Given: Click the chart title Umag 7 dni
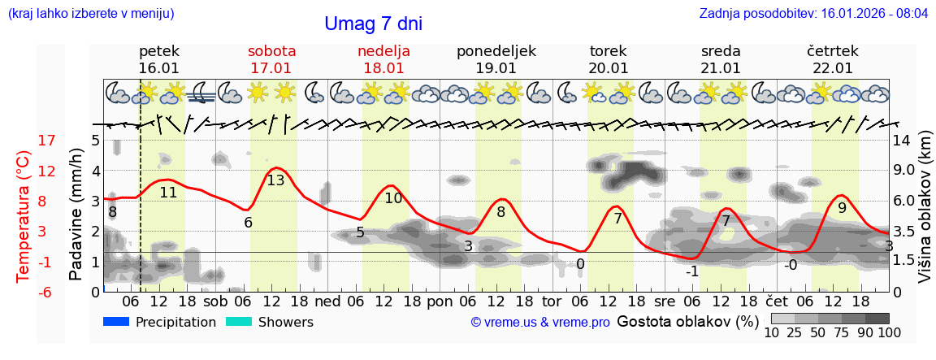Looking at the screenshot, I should pyautogui.click(x=373, y=24).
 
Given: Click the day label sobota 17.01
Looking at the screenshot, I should pyautogui.click(x=271, y=59).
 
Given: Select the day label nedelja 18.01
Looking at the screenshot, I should pyautogui.click(x=383, y=59).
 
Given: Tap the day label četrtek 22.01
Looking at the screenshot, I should pyautogui.click(x=833, y=59).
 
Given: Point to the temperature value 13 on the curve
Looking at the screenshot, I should pyautogui.click(x=275, y=180).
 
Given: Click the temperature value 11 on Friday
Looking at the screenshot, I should pyautogui.click(x=168, y=193).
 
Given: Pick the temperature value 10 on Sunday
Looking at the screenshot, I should pyautogui.click(x=393, y=197).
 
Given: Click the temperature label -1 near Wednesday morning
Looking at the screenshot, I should pyautogui.click(x=692, y=271).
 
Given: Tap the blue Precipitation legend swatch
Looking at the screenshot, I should pyautogui.click(x=116, y=322).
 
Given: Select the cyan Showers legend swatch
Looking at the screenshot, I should pyautogui.click(x=239, y=322).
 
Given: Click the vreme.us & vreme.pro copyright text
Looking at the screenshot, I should pyautogui.click(x=540, y=323).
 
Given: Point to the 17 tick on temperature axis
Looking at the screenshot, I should pyautogui.click(x=47, y=141).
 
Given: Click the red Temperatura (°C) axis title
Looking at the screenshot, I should pyautogui.click(x=24, y=216).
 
